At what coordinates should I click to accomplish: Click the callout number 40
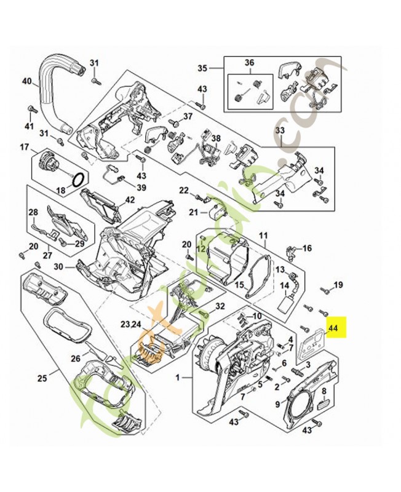26,81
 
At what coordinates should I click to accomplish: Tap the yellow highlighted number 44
333,329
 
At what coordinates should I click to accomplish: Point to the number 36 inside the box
249,63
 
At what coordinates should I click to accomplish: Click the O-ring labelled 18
78,179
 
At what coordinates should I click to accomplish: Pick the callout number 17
25,147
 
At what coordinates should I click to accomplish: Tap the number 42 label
130,199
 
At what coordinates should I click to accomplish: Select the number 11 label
263,236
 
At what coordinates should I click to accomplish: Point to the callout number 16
307,248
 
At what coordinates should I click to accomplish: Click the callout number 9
277,404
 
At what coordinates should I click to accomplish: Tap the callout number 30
59,267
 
